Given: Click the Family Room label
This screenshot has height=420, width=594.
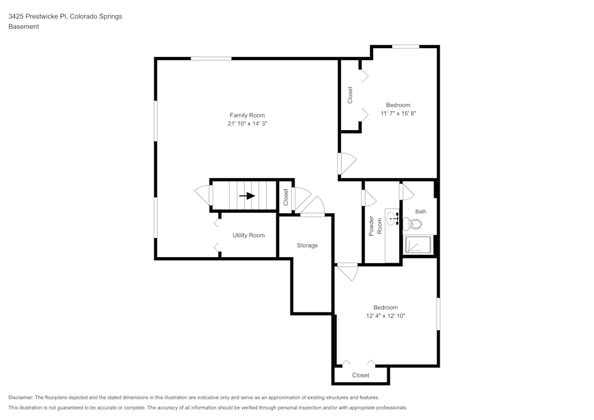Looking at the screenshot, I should [x=247, y=115].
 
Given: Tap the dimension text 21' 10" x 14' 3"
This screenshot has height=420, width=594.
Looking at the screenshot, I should [x=247, y=124].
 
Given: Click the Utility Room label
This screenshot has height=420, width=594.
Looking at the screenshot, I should [x=248, y=235].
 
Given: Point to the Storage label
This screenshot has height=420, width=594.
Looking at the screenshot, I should [x=307, y=245].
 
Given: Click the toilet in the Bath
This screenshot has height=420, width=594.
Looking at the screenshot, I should [x=413, y=224].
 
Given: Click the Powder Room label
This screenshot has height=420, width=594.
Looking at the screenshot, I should [x=375, y=226].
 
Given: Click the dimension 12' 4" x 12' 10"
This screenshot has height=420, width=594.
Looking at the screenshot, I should [x=386, y=316].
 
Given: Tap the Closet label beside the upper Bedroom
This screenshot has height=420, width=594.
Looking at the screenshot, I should [x=350, y=95].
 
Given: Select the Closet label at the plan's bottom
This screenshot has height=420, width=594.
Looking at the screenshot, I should [x=361, y=375].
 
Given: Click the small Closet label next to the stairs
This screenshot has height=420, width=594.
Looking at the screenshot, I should [x=286, y=197].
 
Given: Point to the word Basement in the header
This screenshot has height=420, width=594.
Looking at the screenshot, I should [x=24, y=26].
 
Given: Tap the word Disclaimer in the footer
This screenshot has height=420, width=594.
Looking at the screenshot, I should [x=23, y=397].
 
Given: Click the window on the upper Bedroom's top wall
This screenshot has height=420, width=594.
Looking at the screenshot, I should [x=406, y=46].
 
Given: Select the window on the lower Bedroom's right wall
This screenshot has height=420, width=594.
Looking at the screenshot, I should [x=438, y=313].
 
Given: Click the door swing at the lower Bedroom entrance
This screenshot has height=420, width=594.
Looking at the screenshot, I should [x=347, y=273].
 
